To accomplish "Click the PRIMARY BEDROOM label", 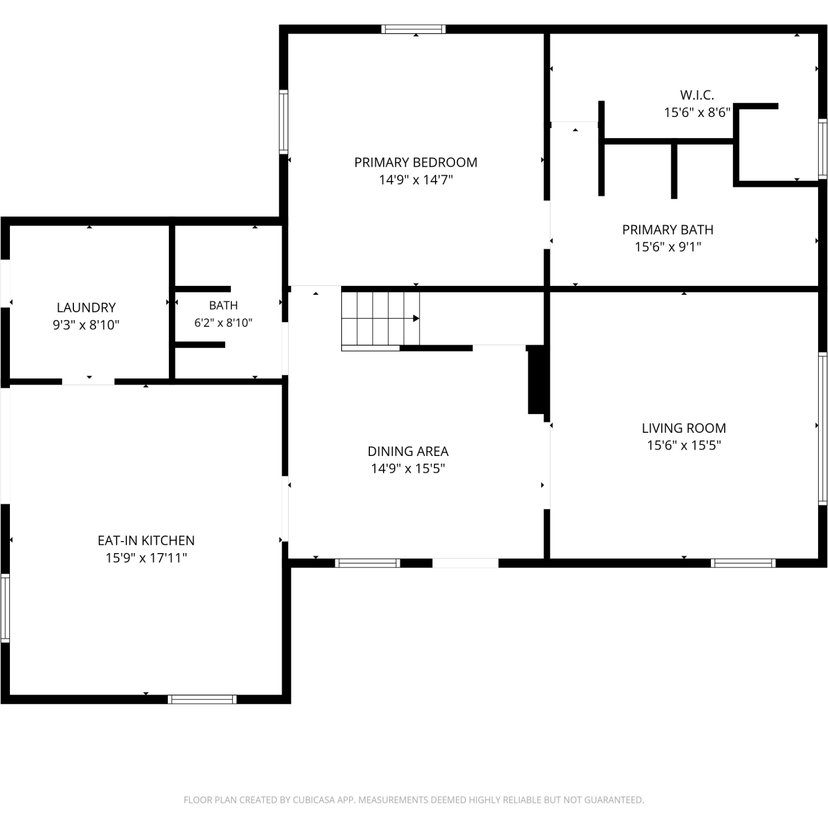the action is pyautogui.click(x=416, y=162).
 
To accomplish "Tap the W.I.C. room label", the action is pyautogui.click(x=697, y=95).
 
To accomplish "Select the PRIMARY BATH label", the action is pyautogui.click(x=667, y=230).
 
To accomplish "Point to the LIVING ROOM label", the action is pyautogui.click(x=683, y=428).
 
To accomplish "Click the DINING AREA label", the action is pyautogui.click(x=408, y=451).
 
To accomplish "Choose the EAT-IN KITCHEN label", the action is pyautogui.click(x=146, y=540).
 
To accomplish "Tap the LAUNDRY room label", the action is pyautogui.click(x=86, y=307).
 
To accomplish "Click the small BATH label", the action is pyautogui.click(x=224, y=305).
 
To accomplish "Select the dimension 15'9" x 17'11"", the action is pyautogui.click(x=146, y=558).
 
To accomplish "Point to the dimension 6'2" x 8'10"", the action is pyautogui.click(x=223, y=322).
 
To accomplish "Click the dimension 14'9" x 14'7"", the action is pyautogui.click(x=416, y=179).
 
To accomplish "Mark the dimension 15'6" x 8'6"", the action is pyautogui.click(x=697, y=112).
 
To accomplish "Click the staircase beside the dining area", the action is pyautogui.click(x=380, y=319).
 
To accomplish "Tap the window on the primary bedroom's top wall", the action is pyautogui.click(x=413, y=29).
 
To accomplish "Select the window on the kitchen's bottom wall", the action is pyautogui.click(x=202, y=699).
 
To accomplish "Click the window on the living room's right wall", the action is pyautogui.click(x=822, y=428).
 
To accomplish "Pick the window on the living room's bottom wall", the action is pyautogui.click(x=743, y=563).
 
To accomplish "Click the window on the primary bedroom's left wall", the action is pyautogui.click(x=283, y=121).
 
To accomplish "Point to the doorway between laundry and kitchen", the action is pyautogui.click(x=88, y=381).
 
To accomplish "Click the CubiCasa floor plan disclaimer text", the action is pyautogui.click(x=413, y=800).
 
